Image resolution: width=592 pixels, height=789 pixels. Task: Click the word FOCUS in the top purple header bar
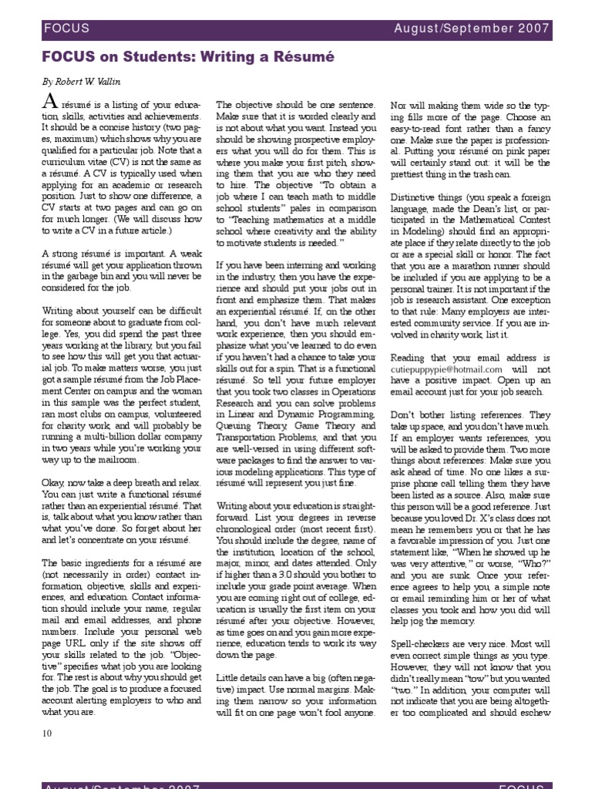(66, 29)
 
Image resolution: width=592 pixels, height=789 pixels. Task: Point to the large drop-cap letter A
(49, 102)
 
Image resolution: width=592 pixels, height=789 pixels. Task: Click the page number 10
(46, 733)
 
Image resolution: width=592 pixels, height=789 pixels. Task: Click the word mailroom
(116, 459)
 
